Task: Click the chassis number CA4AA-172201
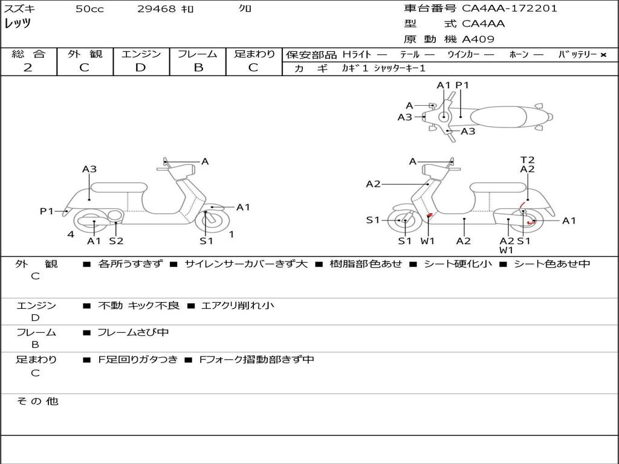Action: click(x=510, y=8)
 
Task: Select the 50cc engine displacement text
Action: click(x=89, y=9)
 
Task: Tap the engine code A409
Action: click(x=478, y=39)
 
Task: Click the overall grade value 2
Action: click(x=28, y=68)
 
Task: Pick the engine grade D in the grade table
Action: click(x=140, y=68)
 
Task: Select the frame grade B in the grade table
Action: click(x=198, y=68)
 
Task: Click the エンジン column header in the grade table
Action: click(x=141, y=54)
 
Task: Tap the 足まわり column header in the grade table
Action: click(x=254, y=54)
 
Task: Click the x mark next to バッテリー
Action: click(x=603, y=55)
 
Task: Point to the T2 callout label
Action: click(x=528, y=160)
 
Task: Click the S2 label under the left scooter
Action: click(x=116, y=241)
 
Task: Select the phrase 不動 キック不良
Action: click(x=138, y=306)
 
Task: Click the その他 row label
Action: click(x=37, y=401)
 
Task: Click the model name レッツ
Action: click(x=18, y=24)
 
